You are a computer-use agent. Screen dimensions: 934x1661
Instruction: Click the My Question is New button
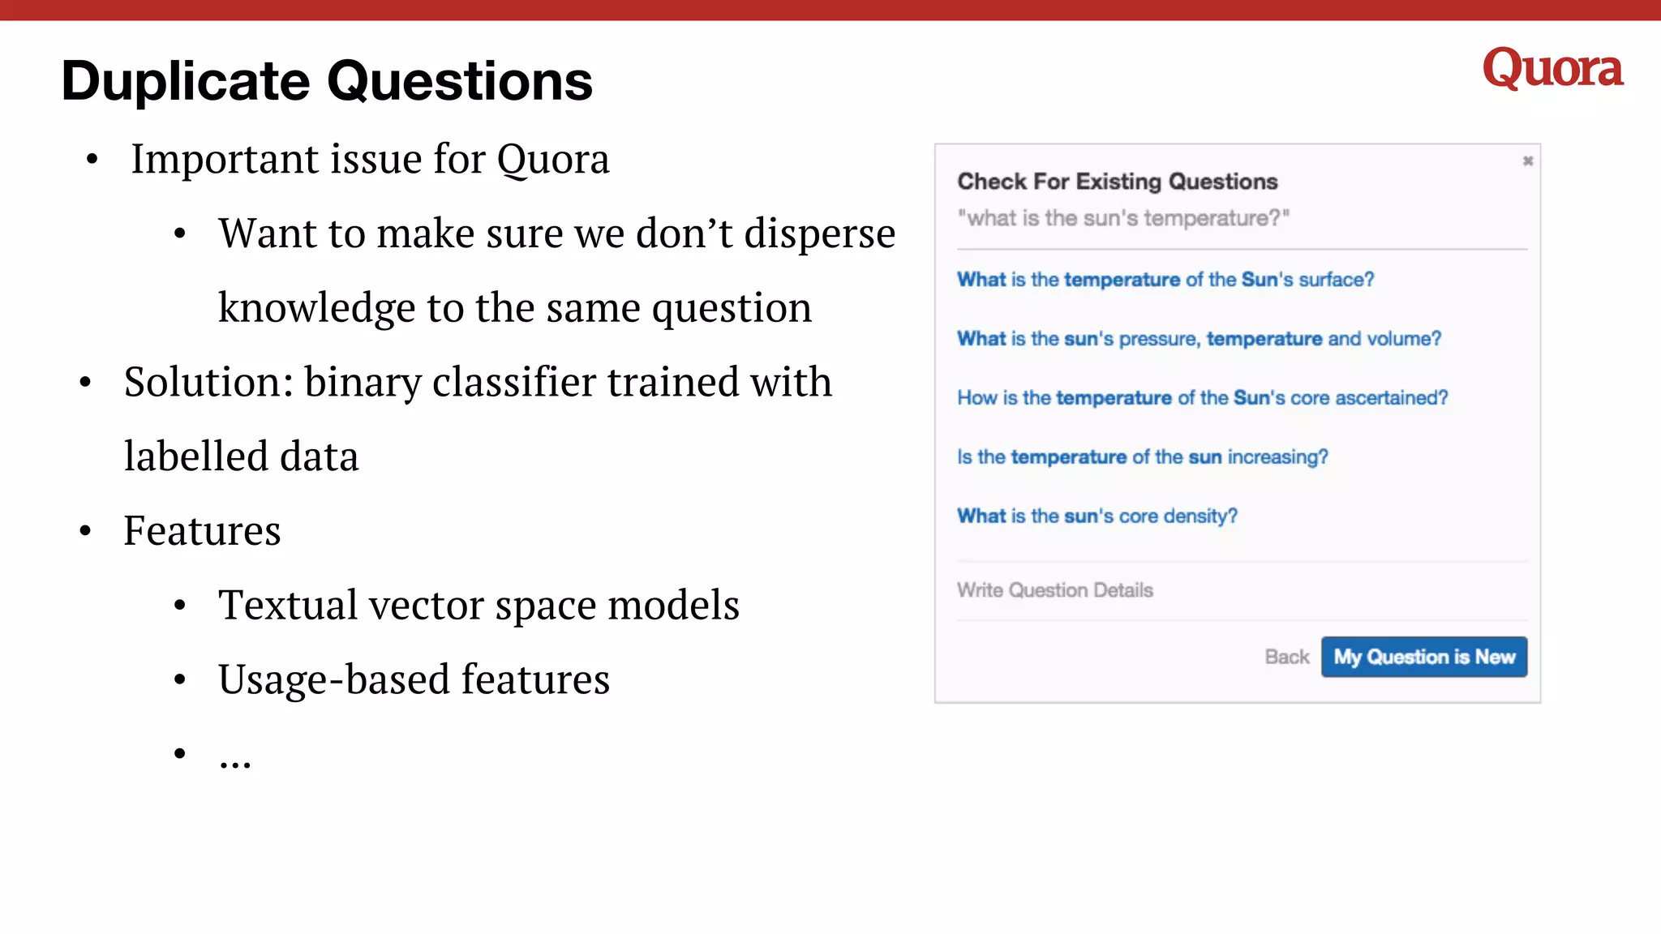tap(1423, 657)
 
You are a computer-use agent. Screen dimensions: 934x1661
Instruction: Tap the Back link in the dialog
tap(1286, 657)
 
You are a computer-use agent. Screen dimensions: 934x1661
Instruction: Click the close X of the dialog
tap(1527, 161)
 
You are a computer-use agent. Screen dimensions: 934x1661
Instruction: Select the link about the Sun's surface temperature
tap(1165, 280)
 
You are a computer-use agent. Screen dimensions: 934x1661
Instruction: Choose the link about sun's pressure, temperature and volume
tap(1199, 339)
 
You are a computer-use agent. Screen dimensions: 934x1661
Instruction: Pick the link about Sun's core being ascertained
tap(1202, 398)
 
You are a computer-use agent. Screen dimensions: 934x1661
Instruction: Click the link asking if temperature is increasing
tap(1142, 457)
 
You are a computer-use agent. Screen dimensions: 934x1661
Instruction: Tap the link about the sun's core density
tap(1097, 516)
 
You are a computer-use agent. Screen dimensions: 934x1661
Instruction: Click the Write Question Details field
tap(1054, 590)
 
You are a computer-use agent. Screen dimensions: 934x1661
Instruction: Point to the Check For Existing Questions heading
tap(1117, 182)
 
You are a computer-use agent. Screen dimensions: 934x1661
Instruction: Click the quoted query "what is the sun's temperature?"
tap(1122, 218)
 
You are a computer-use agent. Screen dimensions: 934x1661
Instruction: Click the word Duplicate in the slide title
tap(185, 82)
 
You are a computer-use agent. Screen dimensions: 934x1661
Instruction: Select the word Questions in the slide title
tap(459, 82)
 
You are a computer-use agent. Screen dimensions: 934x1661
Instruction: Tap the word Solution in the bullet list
tap(208, 382)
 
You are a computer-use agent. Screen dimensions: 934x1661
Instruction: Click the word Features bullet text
tap(202, 531)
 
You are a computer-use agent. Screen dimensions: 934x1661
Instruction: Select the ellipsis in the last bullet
tap(234, 760)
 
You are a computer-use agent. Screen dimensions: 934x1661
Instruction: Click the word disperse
tap(819, 234)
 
